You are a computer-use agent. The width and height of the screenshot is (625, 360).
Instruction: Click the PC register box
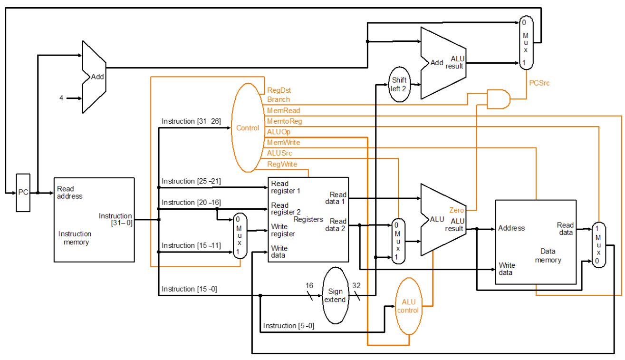click(x=23, y=193)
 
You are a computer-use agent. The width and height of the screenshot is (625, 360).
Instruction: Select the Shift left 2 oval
click(x=399, y=84)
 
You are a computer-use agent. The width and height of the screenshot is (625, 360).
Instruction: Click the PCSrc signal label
click(x=539, y=83)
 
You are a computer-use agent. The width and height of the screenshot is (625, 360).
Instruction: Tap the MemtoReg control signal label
click(x=284, y=121)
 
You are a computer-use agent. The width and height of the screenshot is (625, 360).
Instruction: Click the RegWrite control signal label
click(x=282, y=164)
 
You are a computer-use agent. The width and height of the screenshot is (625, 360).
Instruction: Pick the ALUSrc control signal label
click(x=279, y=153)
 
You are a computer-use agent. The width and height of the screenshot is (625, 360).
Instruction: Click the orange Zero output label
click(x=456, y=210)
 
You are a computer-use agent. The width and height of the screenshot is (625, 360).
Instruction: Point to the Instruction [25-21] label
click(x=191, y=181)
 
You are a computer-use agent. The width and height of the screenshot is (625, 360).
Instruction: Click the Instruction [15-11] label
click(x=191, y=245)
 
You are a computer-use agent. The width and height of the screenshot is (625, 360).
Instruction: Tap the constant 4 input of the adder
click(x=61, y=98)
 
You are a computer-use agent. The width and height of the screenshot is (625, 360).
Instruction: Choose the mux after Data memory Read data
click(x=598, y=245)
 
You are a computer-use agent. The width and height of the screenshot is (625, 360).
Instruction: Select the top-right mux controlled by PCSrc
click(x=525, y=42)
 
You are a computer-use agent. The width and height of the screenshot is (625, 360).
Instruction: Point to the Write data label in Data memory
click(x=506, y=269)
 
